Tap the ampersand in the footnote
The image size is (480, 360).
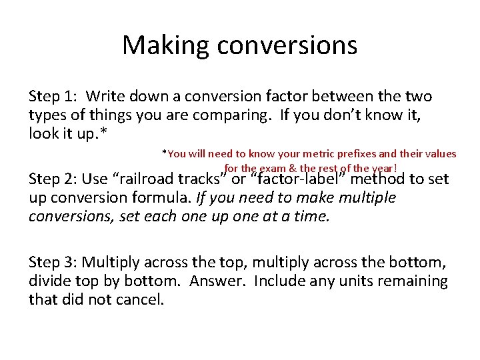(293, 168)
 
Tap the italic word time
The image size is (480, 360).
(312, 216)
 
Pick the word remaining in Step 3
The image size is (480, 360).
(413, 281)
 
